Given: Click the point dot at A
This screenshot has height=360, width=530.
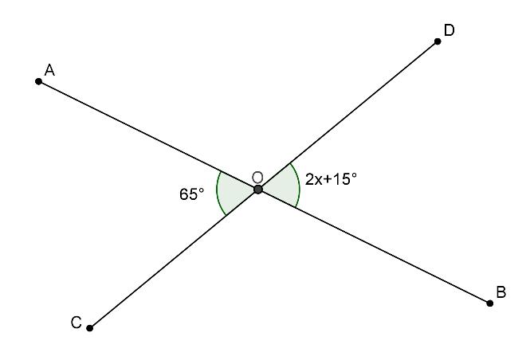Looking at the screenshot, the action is [38, 81].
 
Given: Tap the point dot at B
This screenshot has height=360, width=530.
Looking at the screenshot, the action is [490, 303].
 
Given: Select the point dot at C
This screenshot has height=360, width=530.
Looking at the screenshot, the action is [90, 328].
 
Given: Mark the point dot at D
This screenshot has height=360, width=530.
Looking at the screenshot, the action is [438, 41].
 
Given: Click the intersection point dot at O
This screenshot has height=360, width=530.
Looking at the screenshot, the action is [258, 190].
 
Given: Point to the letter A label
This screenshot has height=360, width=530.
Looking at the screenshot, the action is [49, 71].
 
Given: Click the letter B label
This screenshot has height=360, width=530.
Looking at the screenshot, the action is [501, 293].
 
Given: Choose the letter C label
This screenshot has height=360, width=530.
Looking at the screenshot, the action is [76, 323].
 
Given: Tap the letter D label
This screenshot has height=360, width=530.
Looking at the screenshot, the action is [449, 30].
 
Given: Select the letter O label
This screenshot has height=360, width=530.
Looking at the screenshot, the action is [257, 177].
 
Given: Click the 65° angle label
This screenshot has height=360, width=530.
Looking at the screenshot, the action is [192, 194].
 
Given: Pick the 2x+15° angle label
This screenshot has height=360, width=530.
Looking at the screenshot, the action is [331, 179].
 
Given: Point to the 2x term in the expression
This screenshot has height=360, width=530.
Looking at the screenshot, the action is [313, 179].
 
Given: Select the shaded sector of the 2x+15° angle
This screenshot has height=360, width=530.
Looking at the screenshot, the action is [281, 186].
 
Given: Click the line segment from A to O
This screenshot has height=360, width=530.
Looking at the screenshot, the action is [148, 135].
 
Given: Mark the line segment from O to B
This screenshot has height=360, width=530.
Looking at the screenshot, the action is [375, 246].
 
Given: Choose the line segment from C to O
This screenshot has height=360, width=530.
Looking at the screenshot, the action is [174, 259].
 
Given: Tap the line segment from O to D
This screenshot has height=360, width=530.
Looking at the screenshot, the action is [348, 115].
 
